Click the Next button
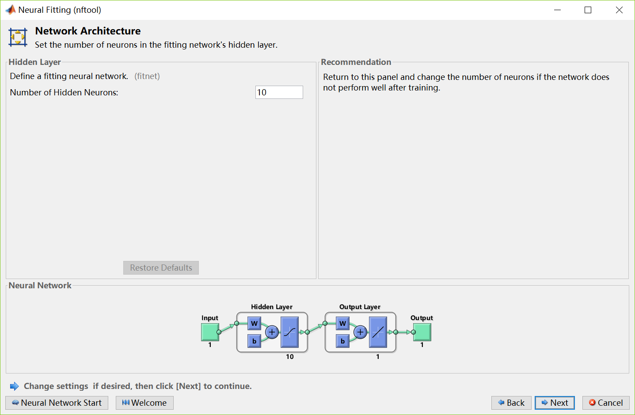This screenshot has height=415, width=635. pyautogui.click(x=555, y=403)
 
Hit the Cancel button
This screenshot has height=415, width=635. pyautogui.click(x=606, y=403)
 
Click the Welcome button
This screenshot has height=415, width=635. pyautogui.click(x=144, y=403)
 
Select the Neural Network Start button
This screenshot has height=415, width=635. pyautogui.click(x=57, y=403)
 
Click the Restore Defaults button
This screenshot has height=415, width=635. pyautogui.click(x=161, y=268)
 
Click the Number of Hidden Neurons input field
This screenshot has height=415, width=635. pyautogui.click(x=279, y=92)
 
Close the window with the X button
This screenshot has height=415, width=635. pyautogui.click(x=619, y=10)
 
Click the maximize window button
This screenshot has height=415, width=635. pyautogui.click(x=588, y=10)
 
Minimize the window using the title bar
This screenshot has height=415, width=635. pyautogui.click(x=557, y=10)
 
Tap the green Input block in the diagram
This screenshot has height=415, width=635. pyautogui.click(x=210, y=332)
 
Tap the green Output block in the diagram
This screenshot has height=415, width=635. pyautogui.click(x=422, y=332)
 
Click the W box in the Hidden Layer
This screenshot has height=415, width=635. pyautogui.click(x=254, y=323)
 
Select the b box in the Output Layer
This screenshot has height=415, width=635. pyautogui.click(x=342, y=341)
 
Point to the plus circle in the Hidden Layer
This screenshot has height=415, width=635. pyautogui.click(x=272, y=332)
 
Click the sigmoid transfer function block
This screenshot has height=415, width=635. pyautogui.click(x=290, y=332)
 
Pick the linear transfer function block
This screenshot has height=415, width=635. pyautogui.click(x=378, y=332)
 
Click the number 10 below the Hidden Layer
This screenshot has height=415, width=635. pyautogui.click(x=290, y=357)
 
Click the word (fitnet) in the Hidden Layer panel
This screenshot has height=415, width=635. pyautogui.click(x=147, y=76)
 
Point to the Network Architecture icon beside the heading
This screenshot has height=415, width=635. pyautogui.click(x=18, y=37)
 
